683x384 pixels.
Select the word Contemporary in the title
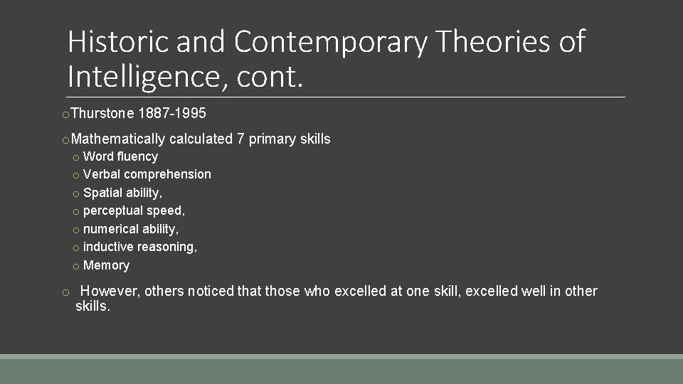(x=330, y=42)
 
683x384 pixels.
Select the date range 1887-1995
(x=174, y=114)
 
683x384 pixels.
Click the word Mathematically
(x=118, y=139)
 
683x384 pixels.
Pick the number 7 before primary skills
(x=240, y=139)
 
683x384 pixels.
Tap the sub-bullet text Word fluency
(x=120, y=156)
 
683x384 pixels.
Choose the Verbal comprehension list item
(x=147, y=174)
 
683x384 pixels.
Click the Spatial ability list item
(x=122, y=193)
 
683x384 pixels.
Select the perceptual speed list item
(x=134, y=210)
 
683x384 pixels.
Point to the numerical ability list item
(x=131, y=229)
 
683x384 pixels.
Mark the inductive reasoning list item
(x=140, y=247)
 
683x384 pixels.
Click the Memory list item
(x=106, y=265)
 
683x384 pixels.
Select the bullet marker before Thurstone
(x=65, y=114)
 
